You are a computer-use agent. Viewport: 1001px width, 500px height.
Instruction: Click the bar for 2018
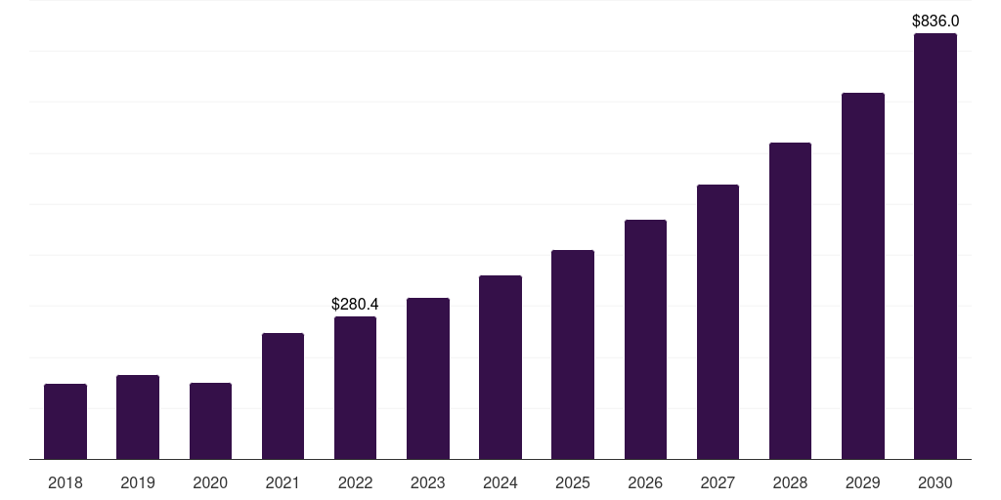click(x=65, y=421)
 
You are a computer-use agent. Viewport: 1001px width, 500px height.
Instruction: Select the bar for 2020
click(x=210, y=421)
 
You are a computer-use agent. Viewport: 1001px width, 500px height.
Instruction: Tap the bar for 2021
click(x=283, y=396)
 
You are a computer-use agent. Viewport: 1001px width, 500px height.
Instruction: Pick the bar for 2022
click(x=355, y=388)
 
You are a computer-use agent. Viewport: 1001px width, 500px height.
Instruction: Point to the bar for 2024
click(x=500, y=367)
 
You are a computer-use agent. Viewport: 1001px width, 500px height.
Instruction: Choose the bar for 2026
click(x=645, y=339)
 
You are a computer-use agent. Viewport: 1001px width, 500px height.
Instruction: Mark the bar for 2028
click(x=790, y=301)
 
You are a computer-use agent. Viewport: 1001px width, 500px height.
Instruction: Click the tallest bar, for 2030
click(x=936, y=246)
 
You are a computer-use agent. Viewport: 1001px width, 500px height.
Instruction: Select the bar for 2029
click(x=863, y=275)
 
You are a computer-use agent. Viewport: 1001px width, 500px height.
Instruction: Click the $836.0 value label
click(x=936, y=21)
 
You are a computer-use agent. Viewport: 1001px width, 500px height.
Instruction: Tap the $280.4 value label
click(x=355, y=305)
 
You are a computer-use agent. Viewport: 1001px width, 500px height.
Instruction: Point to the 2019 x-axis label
click(x=138, y=482)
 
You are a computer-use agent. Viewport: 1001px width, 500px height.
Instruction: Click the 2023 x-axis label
click(x=428, y=482)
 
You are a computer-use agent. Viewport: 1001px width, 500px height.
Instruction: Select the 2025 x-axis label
click(x=573, y=482)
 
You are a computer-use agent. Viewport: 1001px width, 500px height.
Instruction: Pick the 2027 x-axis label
click(x=718, y=482)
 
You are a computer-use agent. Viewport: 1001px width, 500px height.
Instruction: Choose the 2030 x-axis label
click(x=936, y=482)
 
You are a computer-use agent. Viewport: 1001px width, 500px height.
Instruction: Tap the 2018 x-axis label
click(x=65, y=482)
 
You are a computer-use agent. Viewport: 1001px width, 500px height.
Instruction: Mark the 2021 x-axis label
click(x=283, y=482)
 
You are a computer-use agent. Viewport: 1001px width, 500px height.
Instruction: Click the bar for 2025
click(x=573, y=354)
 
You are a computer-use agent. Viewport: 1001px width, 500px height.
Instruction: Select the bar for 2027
click(x=718, y=321)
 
